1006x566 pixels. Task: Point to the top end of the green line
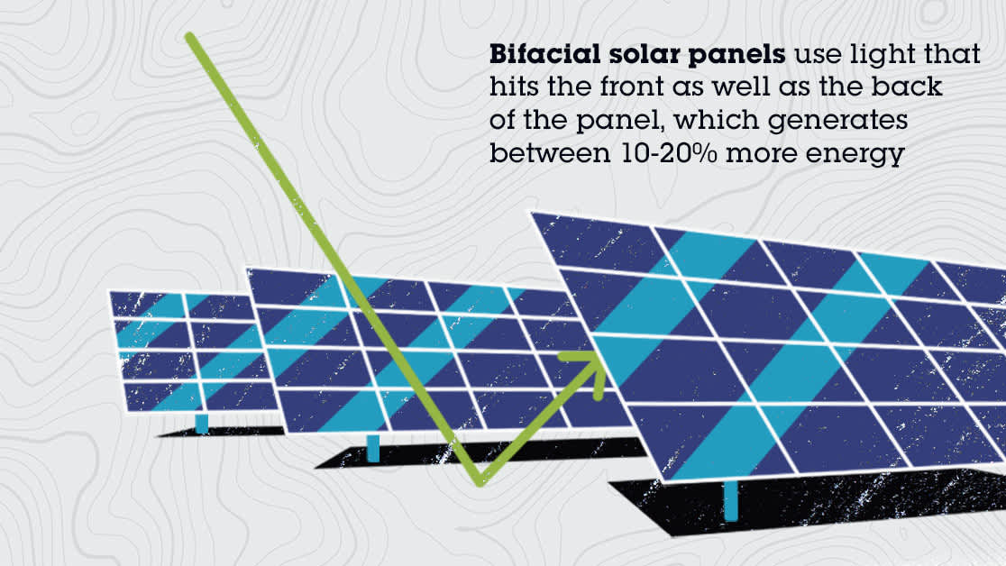coord(190,38)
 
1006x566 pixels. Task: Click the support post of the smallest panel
coord(202,423)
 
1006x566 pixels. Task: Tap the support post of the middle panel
coord(373,448)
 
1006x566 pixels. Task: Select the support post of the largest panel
coord(730,500)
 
